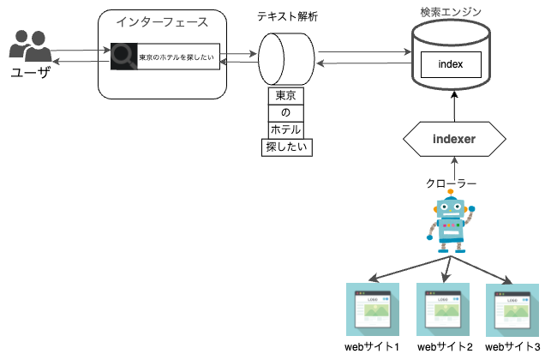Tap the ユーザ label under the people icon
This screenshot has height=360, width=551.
click(x=30, y=74)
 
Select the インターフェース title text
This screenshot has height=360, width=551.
click(x=162, y=21)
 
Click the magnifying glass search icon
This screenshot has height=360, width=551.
click(x=123, y=57)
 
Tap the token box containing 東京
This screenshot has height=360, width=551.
click(x=285, y=95)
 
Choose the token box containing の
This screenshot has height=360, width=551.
click(x=285, y=112)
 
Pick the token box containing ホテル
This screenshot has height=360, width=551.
click(x=285, y=129)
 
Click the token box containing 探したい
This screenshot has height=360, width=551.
click(x=286, y=147)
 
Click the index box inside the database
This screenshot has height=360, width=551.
click(x=450, y=63)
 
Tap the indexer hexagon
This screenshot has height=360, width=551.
click(x=453, y=138)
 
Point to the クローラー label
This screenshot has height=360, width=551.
click(x=451, y=183)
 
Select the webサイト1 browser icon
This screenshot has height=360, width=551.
click(x=374, y=309)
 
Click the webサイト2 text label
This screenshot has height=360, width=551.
click(x=445, y=347)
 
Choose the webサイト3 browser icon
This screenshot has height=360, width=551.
click(x=513, y=309)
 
